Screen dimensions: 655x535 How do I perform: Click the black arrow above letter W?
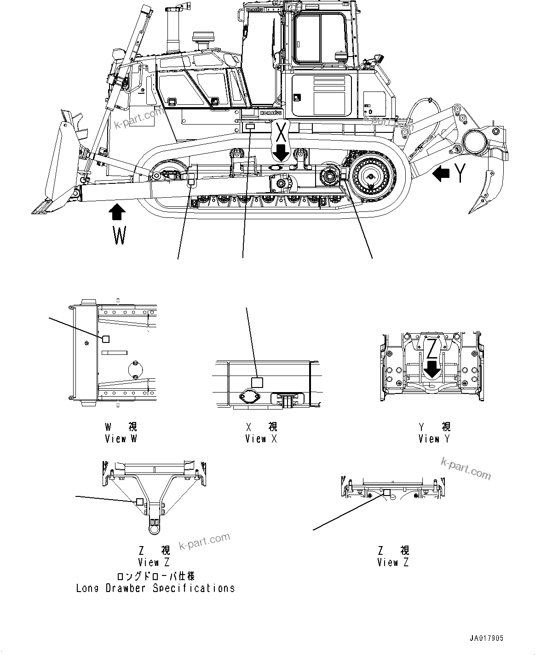[x=117, y=213]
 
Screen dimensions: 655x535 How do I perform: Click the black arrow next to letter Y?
[x=442, y=174]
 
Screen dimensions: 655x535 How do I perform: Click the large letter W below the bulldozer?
[x=119, y=236]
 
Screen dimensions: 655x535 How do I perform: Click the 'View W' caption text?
[x=121, y=439]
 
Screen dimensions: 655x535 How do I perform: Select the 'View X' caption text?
[x=261, y=439]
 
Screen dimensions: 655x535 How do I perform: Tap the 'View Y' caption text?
[x=434, y=439]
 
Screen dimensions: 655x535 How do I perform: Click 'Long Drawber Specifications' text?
[x=155, y=588]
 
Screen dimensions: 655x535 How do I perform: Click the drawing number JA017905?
[x=486, y=638]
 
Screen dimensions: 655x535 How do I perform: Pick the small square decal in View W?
[x=105, y=339]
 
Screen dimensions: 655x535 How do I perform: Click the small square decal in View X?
[x=256, y=382]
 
